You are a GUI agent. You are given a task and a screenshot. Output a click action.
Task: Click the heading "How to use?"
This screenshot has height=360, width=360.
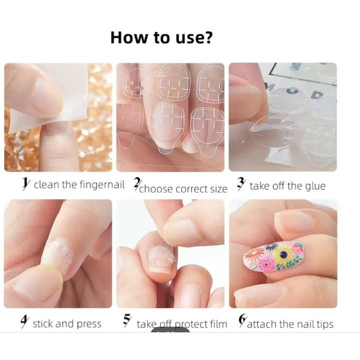click(x=161, y=37)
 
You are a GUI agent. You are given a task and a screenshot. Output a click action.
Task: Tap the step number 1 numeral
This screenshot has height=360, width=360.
click(x=25, y=184)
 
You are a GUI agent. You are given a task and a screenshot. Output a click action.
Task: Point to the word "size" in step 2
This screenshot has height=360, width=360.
click(x=218, y=189)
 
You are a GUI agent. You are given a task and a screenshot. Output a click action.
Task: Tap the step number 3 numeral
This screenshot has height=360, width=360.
click(x=240, y=185)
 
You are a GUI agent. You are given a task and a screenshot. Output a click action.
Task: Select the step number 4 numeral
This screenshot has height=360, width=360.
click(x=24, y=323)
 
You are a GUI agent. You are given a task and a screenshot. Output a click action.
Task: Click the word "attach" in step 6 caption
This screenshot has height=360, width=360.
click(x=262, y=324)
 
